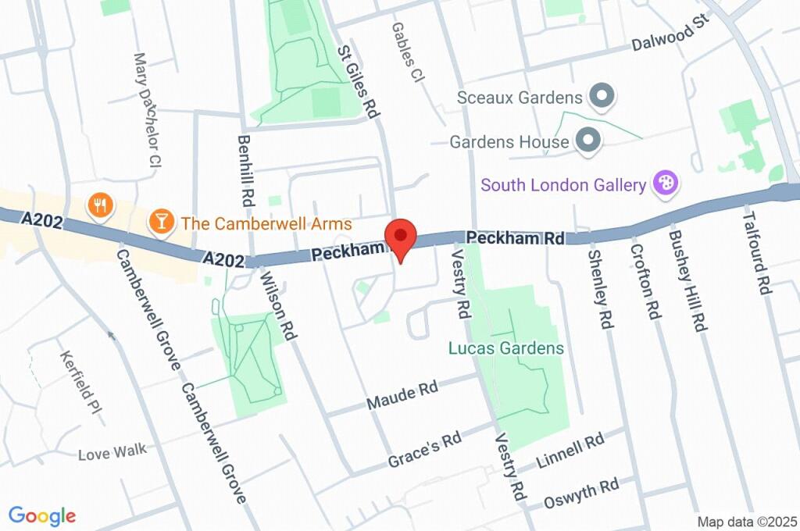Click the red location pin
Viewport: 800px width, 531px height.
point(401,237)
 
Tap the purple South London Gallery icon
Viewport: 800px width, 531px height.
point(667,184)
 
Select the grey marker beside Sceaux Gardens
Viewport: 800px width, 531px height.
point(602,98)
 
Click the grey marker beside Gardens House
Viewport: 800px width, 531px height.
point(587,141)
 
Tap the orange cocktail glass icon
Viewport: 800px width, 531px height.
point(161,222)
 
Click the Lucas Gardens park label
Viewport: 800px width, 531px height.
point(506,348)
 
